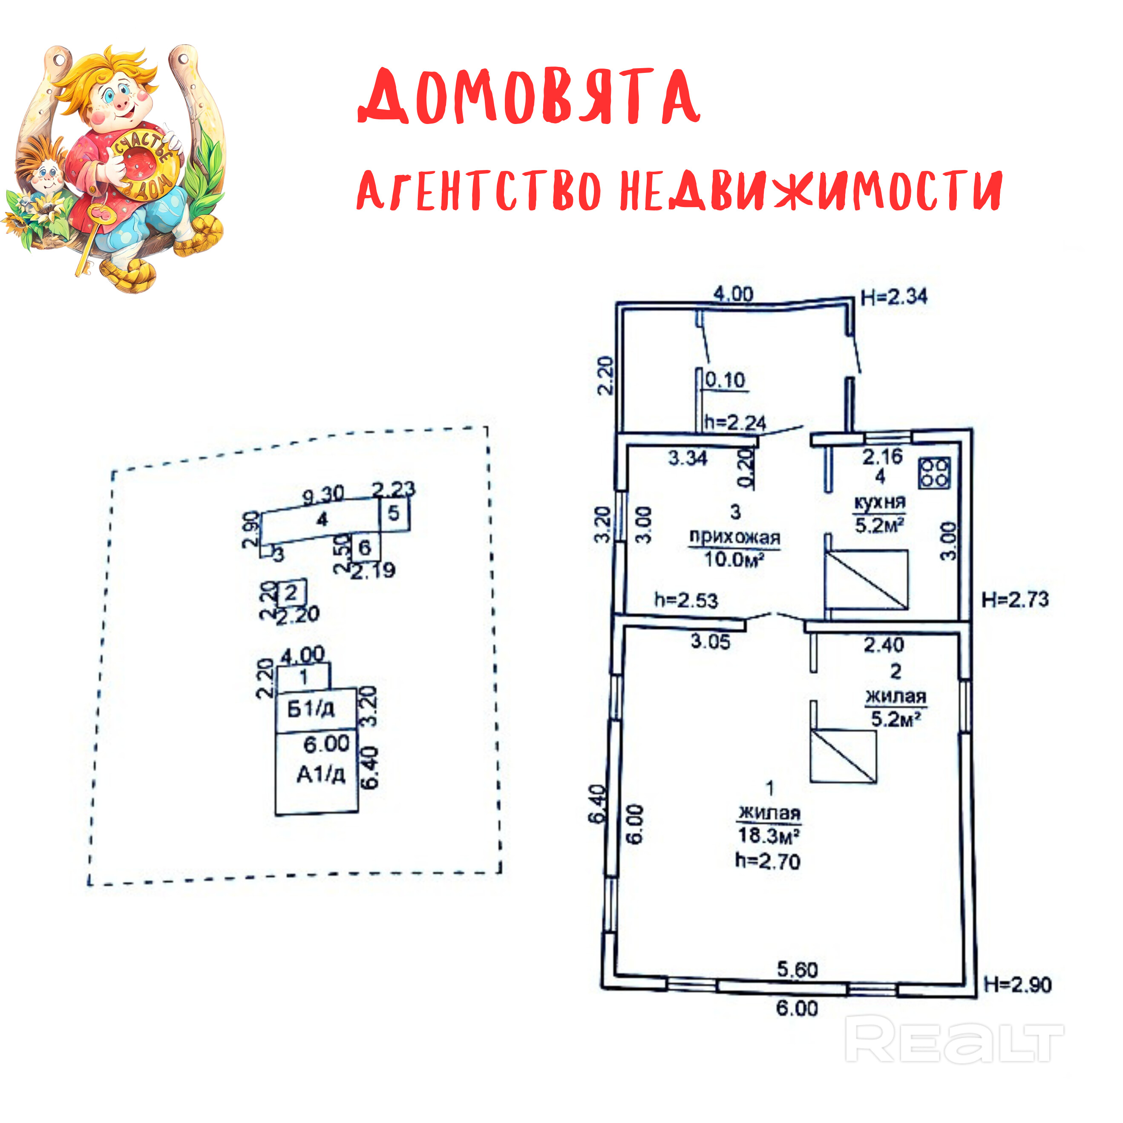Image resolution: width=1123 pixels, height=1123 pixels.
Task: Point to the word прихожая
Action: click(735, 537)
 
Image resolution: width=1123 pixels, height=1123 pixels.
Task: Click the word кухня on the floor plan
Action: click(879, 502)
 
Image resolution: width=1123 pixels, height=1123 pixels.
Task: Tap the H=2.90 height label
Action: click(1018, 985)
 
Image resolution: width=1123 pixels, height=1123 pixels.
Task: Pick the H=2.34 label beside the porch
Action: click(894, 297)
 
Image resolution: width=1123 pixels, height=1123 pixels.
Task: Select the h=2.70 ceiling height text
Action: click(768, 861)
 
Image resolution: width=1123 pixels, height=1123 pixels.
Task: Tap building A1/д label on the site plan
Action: click(321, 774)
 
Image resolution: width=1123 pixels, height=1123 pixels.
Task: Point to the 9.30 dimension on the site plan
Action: click(323, 495)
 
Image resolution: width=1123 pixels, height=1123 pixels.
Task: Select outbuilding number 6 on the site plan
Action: click(364, 547)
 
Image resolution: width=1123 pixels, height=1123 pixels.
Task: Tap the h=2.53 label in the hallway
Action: click(686, 600)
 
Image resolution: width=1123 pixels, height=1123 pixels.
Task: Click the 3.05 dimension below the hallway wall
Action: click(710, 642)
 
